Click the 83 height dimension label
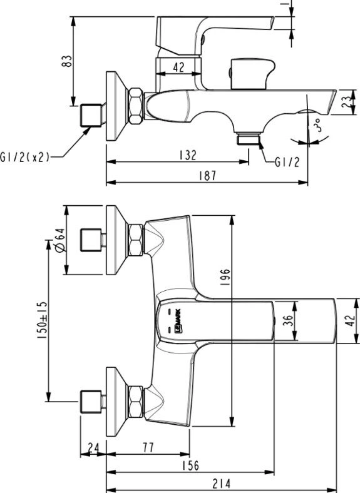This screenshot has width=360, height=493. [x=67, y=61]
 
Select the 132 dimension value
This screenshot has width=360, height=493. [x=188, y=155]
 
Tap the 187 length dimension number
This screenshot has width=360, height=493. [x=208, y=176]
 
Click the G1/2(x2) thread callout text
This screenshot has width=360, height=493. [x=24, y=156]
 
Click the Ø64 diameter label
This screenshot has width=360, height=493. [x=60, y=240]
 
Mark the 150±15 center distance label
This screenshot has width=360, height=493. [x=42, y=320]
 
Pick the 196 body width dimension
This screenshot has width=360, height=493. [x=225, y=277]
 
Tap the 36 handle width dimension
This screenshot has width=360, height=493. [x=287, y=320]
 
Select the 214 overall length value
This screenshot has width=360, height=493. [x=222, y=484]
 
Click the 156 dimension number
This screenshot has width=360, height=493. [x=190, y=465]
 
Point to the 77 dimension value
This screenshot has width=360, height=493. [x=148, y=447]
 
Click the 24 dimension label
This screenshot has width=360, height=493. [x=93, y=447]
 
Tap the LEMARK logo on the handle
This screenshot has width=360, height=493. [x=178, y=320]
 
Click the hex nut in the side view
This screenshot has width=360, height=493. [x=136, y=106]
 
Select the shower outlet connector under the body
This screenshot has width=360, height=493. [x=249, y=139]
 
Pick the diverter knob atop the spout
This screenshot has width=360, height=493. [x=252, y=74]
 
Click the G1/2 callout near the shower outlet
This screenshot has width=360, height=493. [x=287, y=162]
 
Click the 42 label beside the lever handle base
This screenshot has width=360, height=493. [x=178, y=67]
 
